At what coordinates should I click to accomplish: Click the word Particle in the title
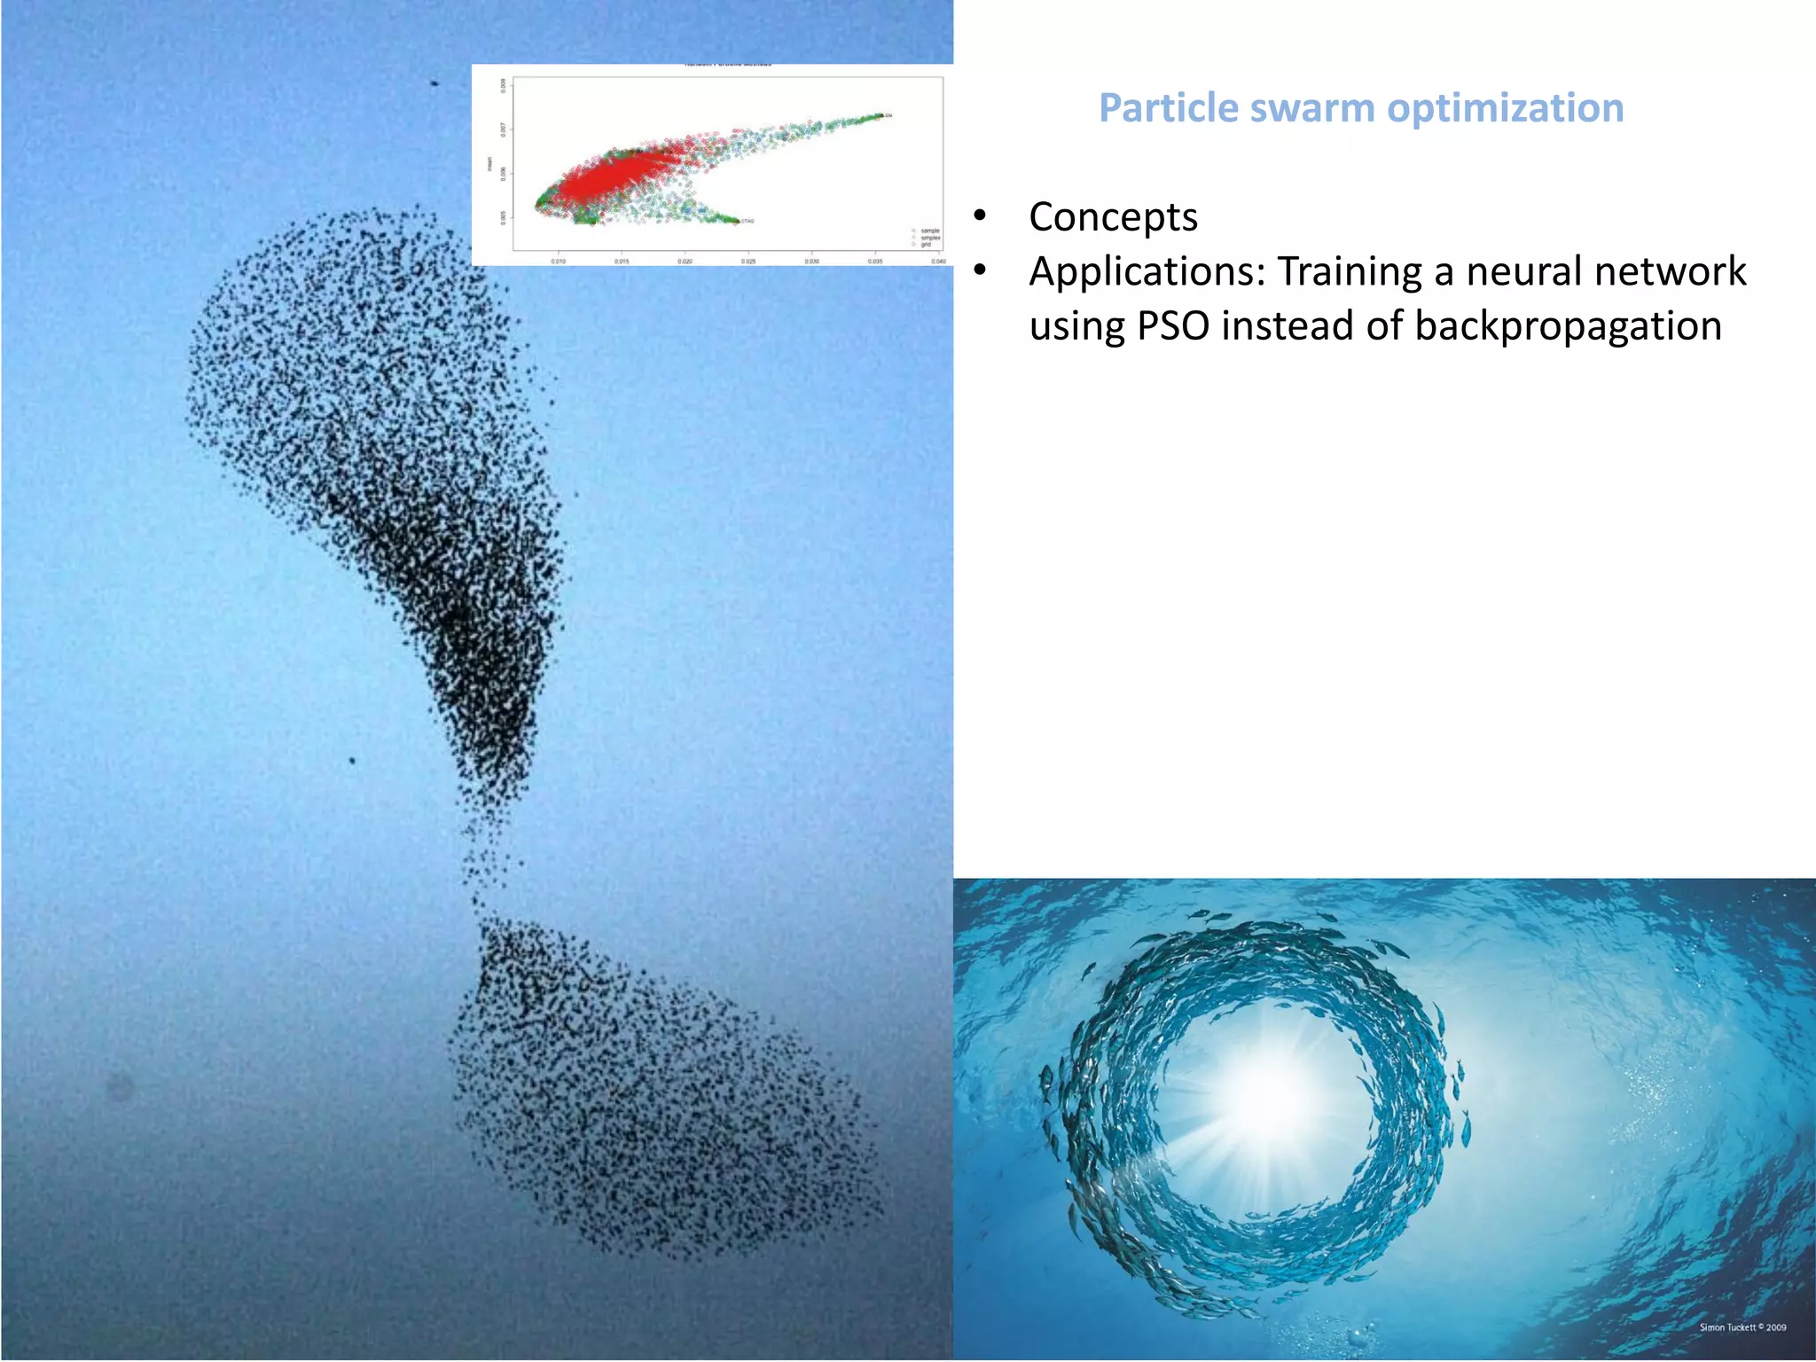[x=1168, y=108]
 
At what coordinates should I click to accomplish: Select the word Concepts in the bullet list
[x=1113, y=217]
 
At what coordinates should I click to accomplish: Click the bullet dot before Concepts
[x=980, y=216]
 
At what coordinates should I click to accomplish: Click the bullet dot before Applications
[x=980, y=270]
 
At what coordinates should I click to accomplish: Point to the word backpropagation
[x=1568, y=325]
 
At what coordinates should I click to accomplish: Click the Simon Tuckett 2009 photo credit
[x=1742, y=1327]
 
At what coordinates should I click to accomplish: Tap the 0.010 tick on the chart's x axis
[x=559, y=262]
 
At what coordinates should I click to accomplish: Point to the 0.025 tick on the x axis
[x=748, y=262]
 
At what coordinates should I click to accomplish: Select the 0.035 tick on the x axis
[x=875, y=262]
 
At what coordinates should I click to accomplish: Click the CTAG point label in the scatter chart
[x=748, y=221]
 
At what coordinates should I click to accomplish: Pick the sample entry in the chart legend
[x=928, y=231]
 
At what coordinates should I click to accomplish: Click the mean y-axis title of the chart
[x=488, y=163]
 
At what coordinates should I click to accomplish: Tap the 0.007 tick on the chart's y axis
[x=503, y=129]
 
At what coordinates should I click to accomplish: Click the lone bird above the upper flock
[x=434, y=83]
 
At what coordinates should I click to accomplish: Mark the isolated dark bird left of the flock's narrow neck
[x=352, y=761]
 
